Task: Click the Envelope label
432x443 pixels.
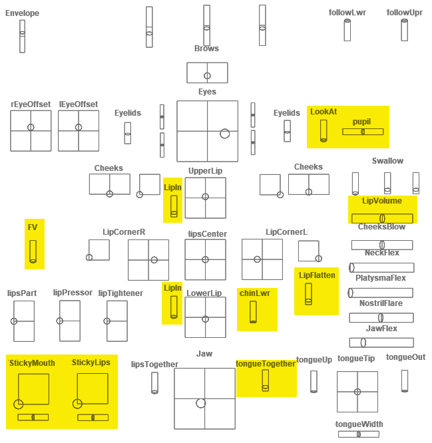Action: pyautogui.click(x=23, y=13)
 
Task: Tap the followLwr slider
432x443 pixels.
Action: pyautogui.click(x=347, y=30)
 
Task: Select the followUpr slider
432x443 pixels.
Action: pyautogui.click(x=404, y=30)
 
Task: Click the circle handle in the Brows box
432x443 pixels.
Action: pyautogui.click(x=207, y=76)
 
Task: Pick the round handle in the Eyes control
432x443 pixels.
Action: pyautogui.click(x=225, y=134)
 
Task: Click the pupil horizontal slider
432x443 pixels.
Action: pyautogui.click(x=363, y=132)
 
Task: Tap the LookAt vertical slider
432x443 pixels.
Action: pyautogui.click(x=324, y=130)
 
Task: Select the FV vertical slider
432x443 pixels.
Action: pyautogui.click(x=33, y=251)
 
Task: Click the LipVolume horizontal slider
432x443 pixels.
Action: pyautogui.click(x=382, y=218)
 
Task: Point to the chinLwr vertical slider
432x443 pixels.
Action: pyautogui.click(x=253, y=312)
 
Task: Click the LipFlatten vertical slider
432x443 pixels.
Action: pyautogui.click(x=308, y=294)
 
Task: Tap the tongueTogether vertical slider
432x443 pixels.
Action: pyautogui.click(x=265, y=380)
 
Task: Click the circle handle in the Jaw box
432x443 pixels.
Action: pyautogui.click(x=201, y=403)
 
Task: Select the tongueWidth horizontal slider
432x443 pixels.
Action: pyautogui.click(x=359, y=434)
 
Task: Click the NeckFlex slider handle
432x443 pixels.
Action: pyautogui.click(x=351, y=267)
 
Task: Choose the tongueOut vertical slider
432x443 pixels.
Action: pyautogui.click(x=405, y=381)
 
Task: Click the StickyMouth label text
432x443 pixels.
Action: pyautogui.click(x=32, y=363)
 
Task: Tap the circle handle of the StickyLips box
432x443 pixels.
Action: pyautogui.click(x=77, y=404)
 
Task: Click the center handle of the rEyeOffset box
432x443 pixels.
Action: pyautogui.click(x=31, y=127)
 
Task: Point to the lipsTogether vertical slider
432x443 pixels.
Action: pyautogui.click(x=154, y=383)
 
